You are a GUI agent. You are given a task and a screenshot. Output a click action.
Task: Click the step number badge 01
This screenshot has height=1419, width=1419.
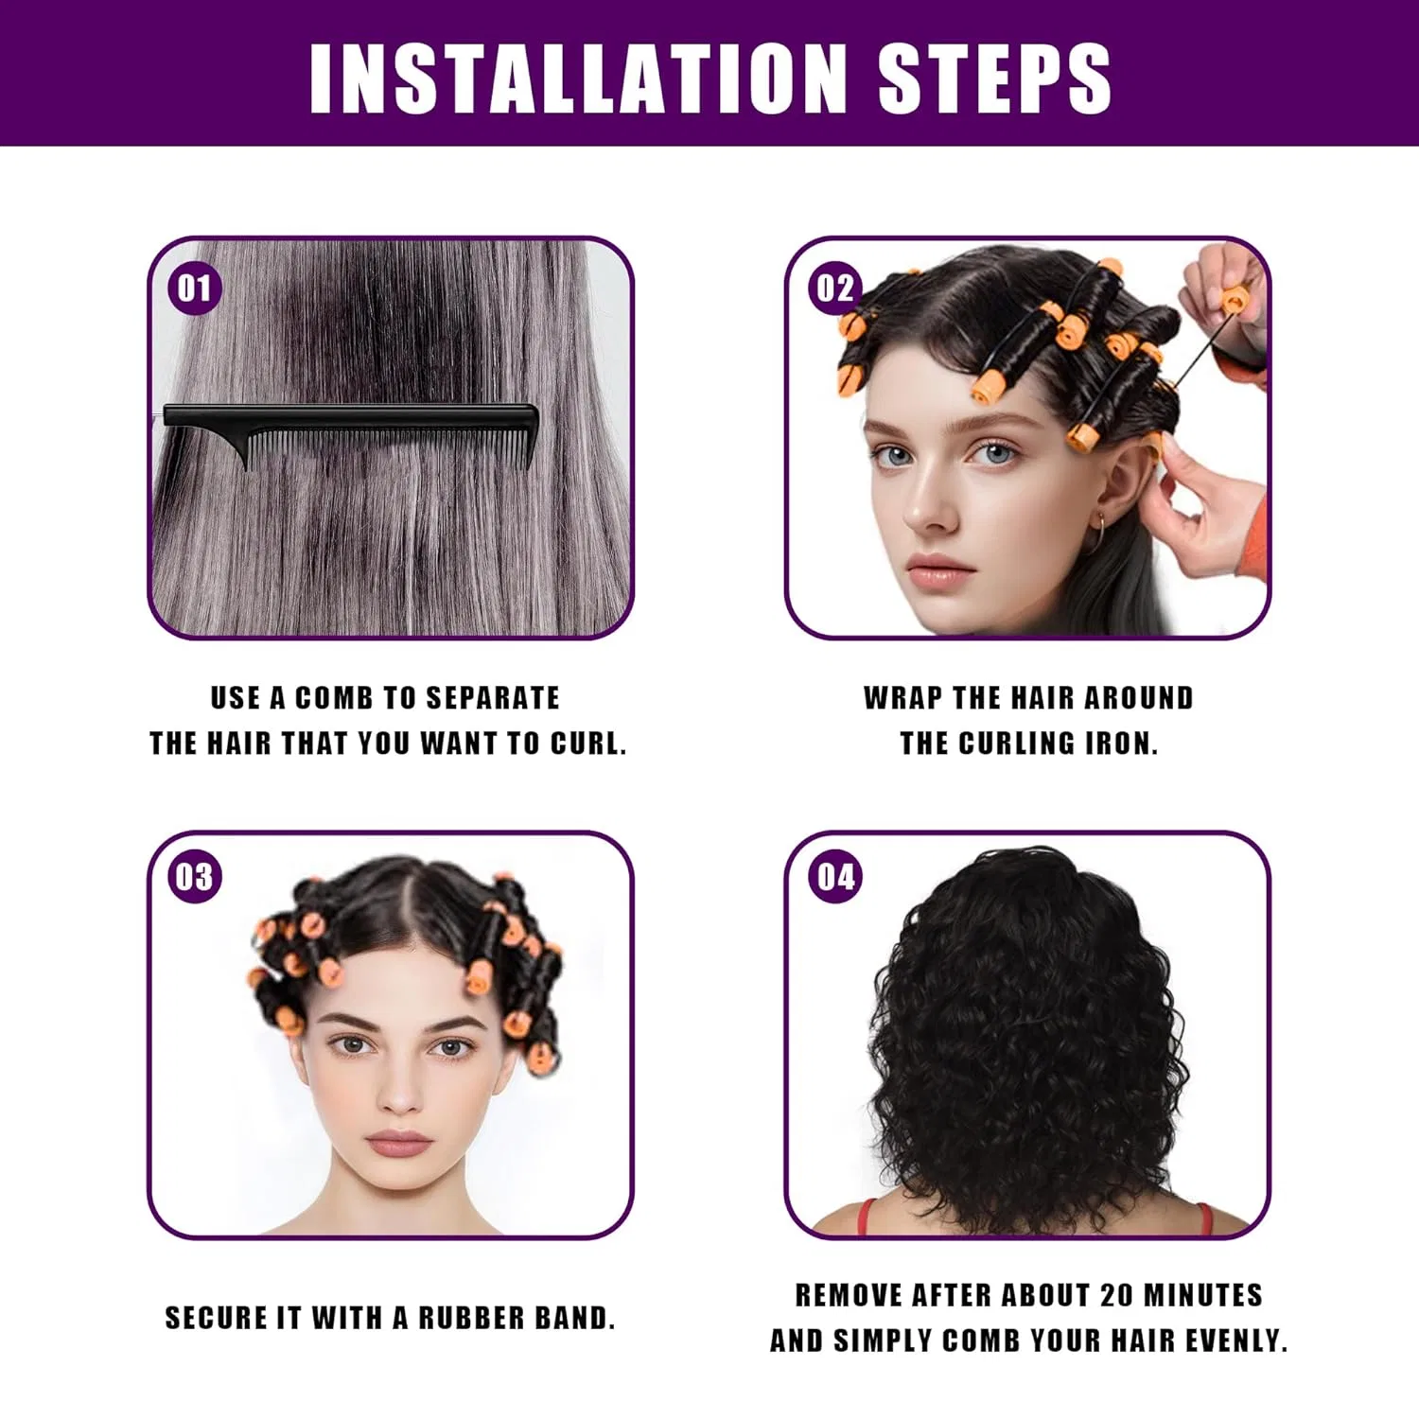(195, 288)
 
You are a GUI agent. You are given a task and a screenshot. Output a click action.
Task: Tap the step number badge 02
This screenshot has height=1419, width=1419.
(834, 288)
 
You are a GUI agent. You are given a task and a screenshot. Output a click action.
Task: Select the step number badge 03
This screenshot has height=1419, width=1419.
(195, 877)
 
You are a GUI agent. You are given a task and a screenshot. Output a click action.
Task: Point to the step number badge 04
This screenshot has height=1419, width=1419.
(835, 877)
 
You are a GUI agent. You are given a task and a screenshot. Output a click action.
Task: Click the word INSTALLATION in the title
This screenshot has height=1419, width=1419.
(578, 78)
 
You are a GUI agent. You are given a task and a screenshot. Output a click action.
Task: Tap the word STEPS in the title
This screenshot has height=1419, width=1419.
(994, 78)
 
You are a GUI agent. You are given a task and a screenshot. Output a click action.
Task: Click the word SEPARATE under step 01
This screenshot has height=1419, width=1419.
(493, 698)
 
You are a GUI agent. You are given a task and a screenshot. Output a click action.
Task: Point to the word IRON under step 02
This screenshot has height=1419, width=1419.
(1121, 744)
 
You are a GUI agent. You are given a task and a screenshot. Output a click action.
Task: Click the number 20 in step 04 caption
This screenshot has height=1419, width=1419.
(1115, 1295)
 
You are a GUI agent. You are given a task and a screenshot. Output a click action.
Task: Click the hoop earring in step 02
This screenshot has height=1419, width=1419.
(1098, 536)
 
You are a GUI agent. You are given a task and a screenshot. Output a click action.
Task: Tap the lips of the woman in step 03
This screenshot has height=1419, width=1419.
(398, 1143)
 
